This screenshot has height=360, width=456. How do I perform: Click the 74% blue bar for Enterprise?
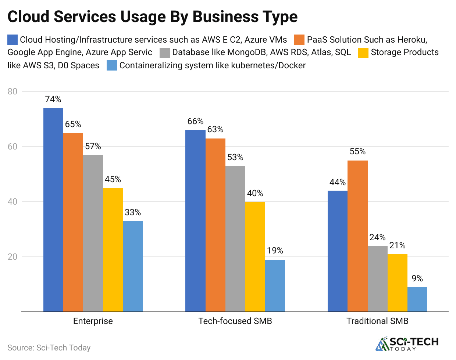pyautogui.click(x=53, y=210)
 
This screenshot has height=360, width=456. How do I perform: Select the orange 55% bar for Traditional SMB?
pyautogui.click(x=357, y=236)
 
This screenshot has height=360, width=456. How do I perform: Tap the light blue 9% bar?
pyautogui.click(x=417, y=299)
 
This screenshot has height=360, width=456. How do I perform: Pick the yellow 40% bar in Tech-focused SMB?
pyautogui.click(x=255, y=256)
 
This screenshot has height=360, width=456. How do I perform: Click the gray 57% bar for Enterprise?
pyautogui.click(x=93, y=233)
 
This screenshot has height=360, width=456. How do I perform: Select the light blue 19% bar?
pyautogui.click(x=275, y=285)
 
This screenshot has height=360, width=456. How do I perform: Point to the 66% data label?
pyautogui.click(x=195, y=122)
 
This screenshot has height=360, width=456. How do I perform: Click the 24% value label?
pyautogui.click(x=377, y=237)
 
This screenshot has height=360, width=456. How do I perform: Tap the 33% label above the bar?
pyautogui.click(x=133, y=212)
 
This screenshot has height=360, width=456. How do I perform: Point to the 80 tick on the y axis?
pyautogui.click(x=13, y=91)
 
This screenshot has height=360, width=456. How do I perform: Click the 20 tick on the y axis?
pyautogui.click(x=13, y=257)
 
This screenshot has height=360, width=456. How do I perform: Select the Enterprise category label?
pyautogui.click(x=93, y=321)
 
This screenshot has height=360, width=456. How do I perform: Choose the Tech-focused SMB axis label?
pyautogui.click(x=235, y=321)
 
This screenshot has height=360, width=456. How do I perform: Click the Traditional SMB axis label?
pyautogui.click(x=377, y=321)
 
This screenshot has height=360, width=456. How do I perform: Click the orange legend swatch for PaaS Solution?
pyautogui.click(x=299, y=40)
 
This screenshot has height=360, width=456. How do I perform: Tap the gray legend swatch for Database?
pyautogui.click(x=165, y=53)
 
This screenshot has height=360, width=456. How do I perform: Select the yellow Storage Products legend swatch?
pyautogui.click(x=363, y=53)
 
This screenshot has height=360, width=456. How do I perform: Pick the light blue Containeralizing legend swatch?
pyautogui.click(x=112, y=66)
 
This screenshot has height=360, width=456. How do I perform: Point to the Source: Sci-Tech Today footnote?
pyautogui.click(x=49, y=348)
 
